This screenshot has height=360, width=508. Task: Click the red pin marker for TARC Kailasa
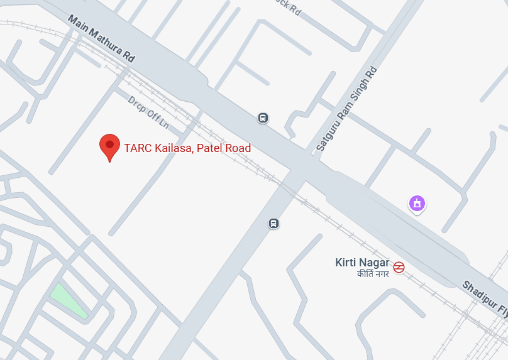(110, 146)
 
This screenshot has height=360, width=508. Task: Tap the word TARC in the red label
(136, 148)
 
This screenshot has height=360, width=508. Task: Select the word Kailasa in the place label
(173, 148)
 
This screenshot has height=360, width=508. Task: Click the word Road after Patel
(239, 148)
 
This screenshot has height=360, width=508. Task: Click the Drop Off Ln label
(149, 112)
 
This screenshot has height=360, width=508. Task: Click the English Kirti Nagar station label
(362, 263)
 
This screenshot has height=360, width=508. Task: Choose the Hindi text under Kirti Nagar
(372, 274)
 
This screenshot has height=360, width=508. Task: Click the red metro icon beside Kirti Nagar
(399, 267)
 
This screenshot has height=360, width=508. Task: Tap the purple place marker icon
(417, 203)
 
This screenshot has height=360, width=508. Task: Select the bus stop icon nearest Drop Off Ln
(263, 117)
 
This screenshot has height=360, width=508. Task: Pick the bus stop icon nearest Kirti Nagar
(273, 223)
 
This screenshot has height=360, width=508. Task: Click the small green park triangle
(69, 299)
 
